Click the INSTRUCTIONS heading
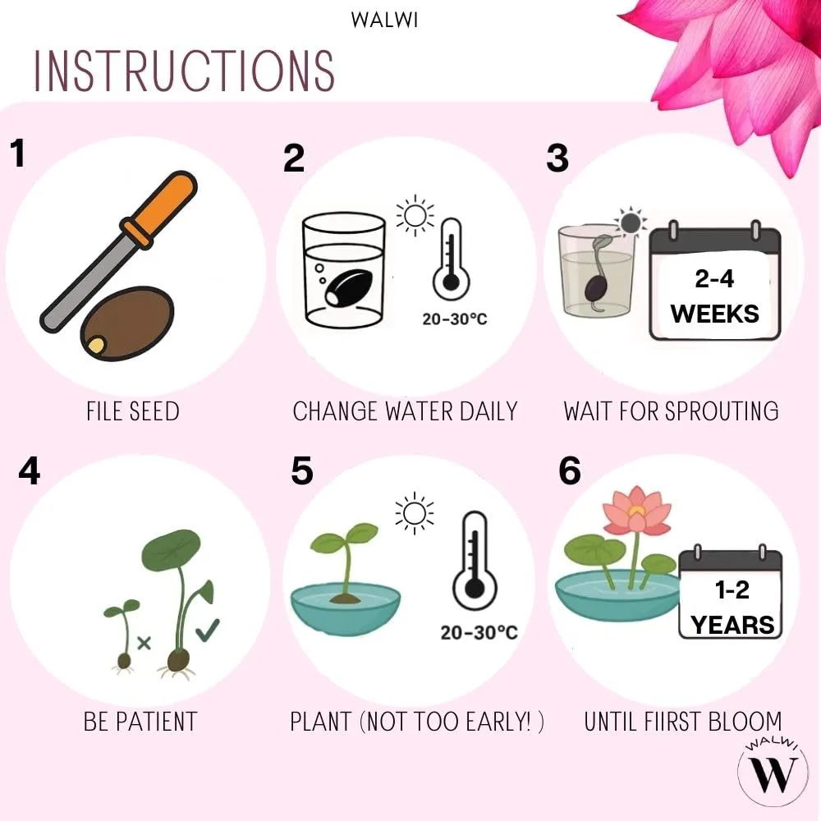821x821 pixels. (x=184, y=71)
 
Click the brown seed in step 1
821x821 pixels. (x=127, y=323)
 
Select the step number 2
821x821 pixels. (x=294, y=158)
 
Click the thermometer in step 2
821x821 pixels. (x=451, y=259)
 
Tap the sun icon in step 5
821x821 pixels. (x=414, y=513)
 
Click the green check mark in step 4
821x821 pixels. (x=208, y=630)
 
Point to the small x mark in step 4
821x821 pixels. (x=144, y=643)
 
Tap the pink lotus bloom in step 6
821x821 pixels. (x=637, y=510)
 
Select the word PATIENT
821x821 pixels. (x=156, y=722)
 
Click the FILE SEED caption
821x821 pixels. (x=133, y=411)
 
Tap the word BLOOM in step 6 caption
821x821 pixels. (x=745, y=722)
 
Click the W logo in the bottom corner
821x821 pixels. (x=773, y=774)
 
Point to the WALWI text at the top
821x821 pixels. (x=385, y=21)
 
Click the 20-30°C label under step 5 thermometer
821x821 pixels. (x=479, y=632)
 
